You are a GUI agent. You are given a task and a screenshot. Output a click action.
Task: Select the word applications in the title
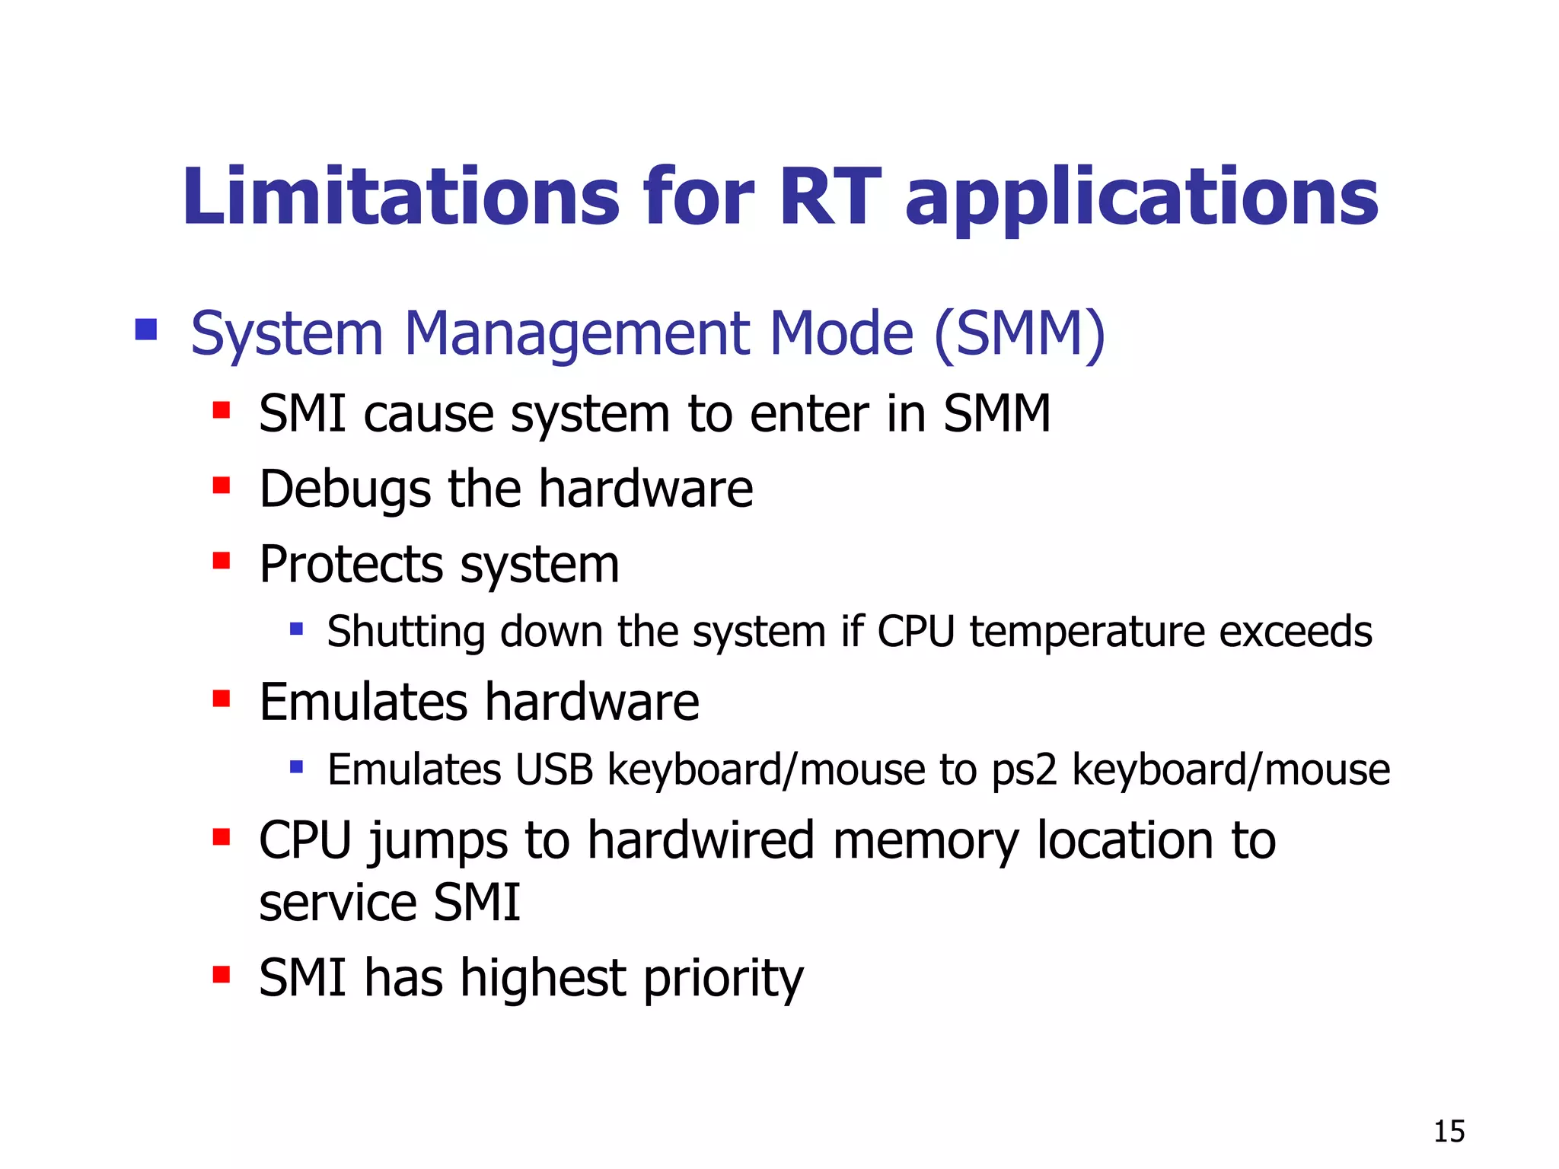(1142, 199)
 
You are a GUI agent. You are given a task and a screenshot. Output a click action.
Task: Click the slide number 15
(1449, 1132)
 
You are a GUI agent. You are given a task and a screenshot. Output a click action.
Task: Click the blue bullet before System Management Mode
(145, 330)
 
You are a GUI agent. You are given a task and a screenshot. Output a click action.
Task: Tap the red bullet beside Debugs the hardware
(222, 486)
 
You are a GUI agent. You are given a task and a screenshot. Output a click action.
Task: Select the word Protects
(351, 565)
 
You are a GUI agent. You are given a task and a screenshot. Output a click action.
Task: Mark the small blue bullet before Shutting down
(297, 629)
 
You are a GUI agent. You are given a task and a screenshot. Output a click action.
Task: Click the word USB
(553, 769)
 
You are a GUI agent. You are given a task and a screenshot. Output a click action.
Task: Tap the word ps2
(1024, 770)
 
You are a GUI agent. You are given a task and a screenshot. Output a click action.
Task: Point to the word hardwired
(700, 841)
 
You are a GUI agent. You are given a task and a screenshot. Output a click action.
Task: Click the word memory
(926, 842)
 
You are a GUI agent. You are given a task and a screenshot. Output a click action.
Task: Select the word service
(338, 903)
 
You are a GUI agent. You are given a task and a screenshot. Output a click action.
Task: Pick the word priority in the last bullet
(723, 979)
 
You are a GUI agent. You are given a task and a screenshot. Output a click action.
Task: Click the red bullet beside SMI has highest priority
(222, 975)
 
